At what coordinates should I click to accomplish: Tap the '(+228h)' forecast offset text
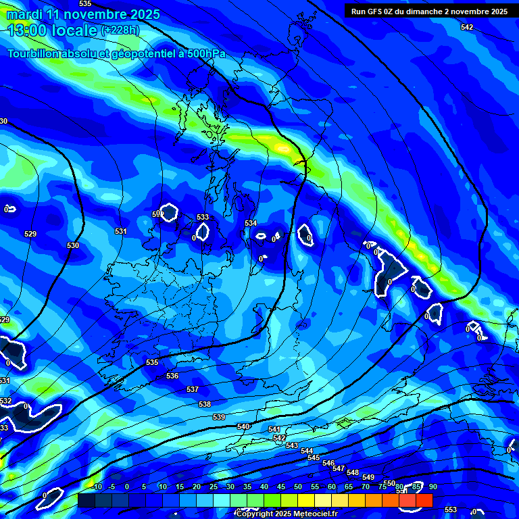[121, 30]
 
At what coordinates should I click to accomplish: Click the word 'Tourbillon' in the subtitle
[36, 53]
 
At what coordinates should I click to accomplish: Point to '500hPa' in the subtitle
[202, 53]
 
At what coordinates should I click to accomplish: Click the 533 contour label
[203, 217]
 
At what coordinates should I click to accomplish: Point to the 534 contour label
[251, 223]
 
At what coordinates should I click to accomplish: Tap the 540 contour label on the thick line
[243, 426]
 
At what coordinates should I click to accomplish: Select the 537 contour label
[193, 390]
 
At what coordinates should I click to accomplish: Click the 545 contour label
[314, 458]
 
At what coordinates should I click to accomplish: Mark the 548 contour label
[353, 472]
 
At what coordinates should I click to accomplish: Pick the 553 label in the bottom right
[451, 510]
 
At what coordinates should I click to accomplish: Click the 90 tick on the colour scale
[432, 487]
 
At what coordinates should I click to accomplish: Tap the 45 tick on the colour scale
[280, 487]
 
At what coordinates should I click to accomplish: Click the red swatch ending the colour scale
[424, 500]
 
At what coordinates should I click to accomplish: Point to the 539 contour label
[219, 417]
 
